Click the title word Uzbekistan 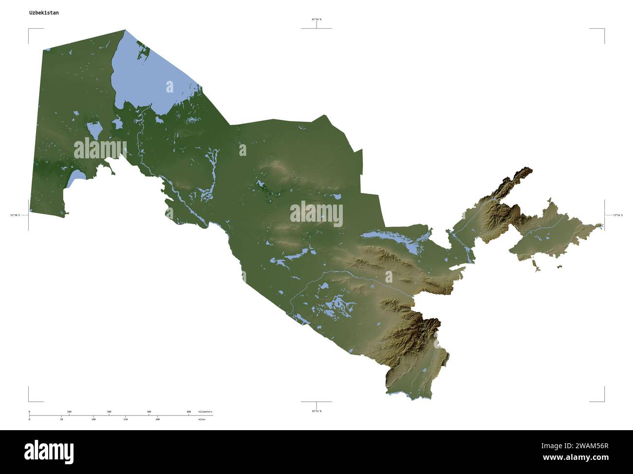pos(44,13)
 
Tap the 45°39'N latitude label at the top pos(316,19)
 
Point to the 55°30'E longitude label pos(15,215)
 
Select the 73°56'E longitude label pos(617,215)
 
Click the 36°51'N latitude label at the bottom pos(316,411)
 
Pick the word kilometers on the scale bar pos(205,412)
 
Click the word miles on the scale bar pos(202,419)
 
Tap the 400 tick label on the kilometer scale pos(188,412)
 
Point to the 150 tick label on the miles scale pos(125,419)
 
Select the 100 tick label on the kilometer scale pos(69,412)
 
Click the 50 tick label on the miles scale pos(61,419)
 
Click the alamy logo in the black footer pos(49,452)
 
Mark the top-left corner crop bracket pos(29,30)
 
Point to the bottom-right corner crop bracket pos(603,400)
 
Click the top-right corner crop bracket pos(603,30)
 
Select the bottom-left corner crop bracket pos(29,400)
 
